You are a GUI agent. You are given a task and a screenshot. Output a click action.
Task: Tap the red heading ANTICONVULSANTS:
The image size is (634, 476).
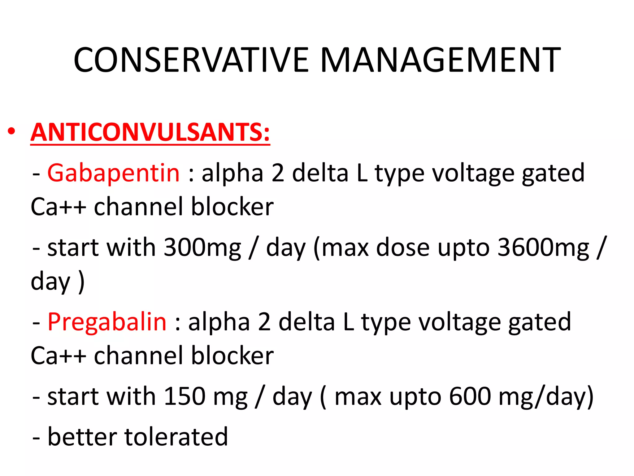(150, 132)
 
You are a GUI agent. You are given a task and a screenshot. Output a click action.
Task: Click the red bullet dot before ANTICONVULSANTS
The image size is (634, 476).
(11, 131)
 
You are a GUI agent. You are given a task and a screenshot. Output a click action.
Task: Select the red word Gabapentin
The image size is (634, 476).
(113, 173)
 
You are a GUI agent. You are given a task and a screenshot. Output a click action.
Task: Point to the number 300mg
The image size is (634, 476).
(202, 248)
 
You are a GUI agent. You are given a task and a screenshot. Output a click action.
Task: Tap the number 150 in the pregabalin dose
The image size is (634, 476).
(185, 396)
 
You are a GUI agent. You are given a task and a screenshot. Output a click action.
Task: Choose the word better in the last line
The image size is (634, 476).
(82, 437)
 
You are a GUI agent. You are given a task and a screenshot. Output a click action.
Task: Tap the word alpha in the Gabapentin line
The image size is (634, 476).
(232, 173)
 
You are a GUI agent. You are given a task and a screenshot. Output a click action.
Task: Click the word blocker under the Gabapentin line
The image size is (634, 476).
(232, 207)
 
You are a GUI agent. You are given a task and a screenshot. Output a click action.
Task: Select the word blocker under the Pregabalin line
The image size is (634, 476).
(232, 355)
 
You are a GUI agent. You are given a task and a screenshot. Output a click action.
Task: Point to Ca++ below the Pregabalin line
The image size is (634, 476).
(58, 355)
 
